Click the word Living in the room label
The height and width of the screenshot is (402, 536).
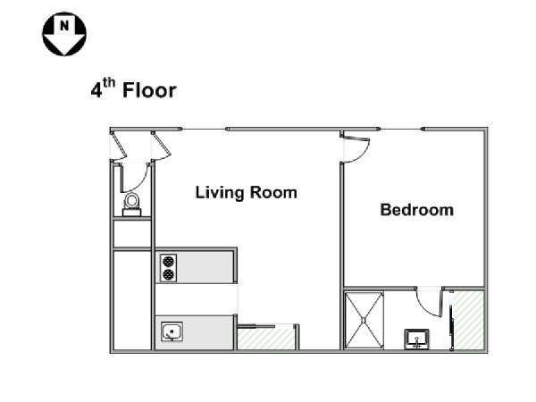click(x=219, y=192)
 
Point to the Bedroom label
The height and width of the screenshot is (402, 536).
click(x=416, y=211)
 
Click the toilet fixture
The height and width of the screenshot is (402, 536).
click(x=133, y=204)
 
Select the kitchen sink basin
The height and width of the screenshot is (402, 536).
click(x=171, y=333)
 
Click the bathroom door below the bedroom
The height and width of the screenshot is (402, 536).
click(x=431, y=304)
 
